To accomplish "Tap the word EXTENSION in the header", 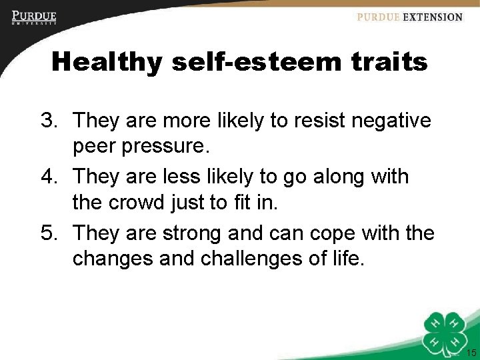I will (x=432, y=17).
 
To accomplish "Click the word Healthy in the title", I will (x=107, y=62).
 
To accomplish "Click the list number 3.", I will (x=49, y=121).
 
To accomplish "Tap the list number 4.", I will (x=49, y=177).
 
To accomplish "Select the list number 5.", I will (x=49, y=233).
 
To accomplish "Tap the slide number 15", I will (x=471, y=353).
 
